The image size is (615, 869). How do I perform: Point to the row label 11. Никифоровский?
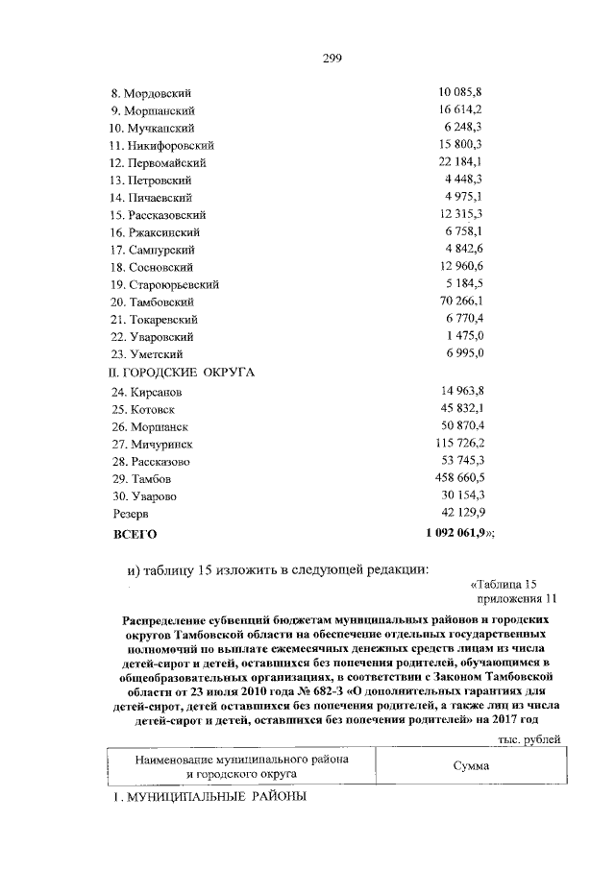pyautogui.click(x=161, y=146)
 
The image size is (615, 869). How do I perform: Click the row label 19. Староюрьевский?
pyautogui.click(x=164, y=285)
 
